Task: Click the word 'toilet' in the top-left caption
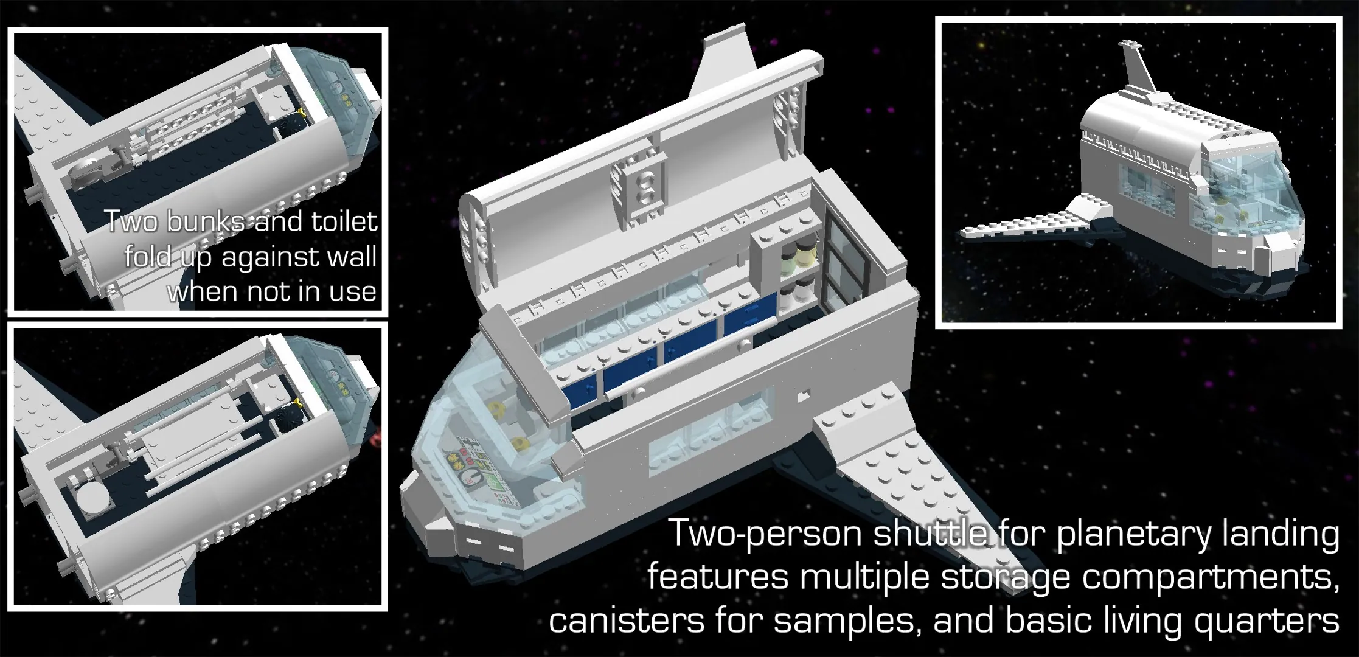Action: pyautogui.click(x=344, y=221)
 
